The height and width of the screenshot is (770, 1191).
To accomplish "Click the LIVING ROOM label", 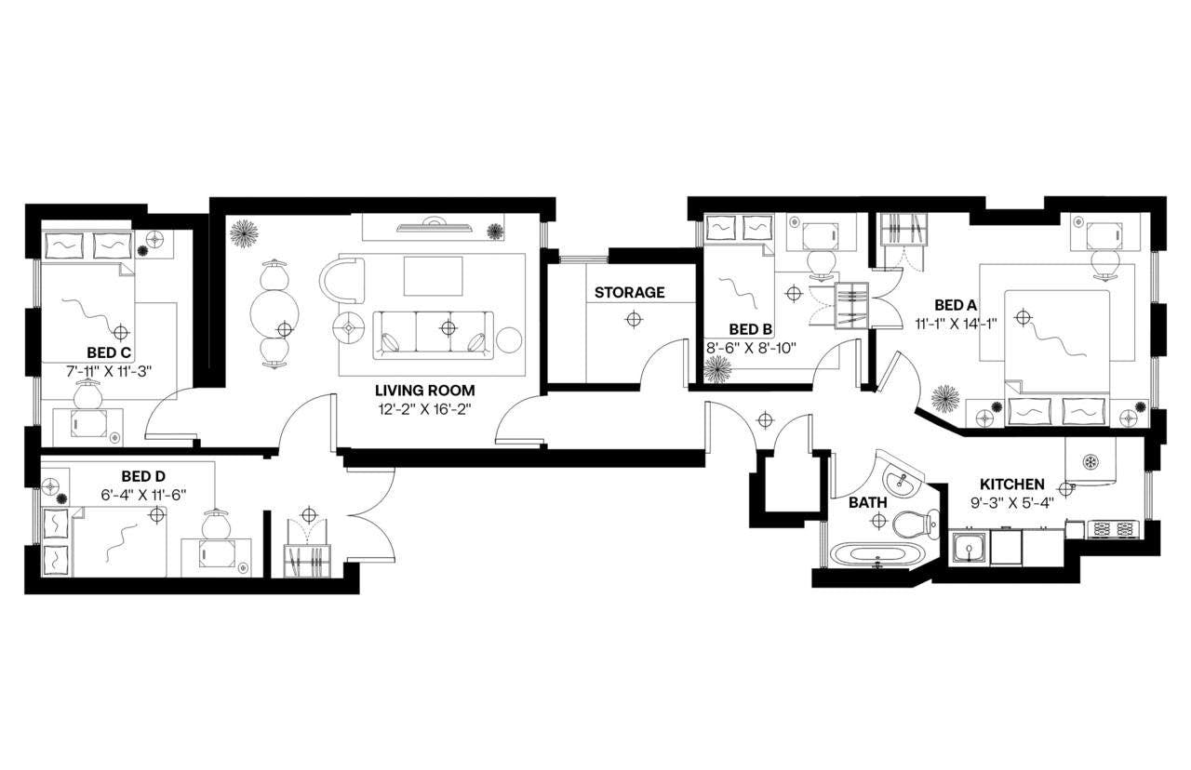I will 424,391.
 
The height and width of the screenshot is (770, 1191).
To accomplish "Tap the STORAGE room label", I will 629,292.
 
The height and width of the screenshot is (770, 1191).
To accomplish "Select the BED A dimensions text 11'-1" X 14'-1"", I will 956,325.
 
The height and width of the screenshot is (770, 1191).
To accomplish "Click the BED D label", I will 142,477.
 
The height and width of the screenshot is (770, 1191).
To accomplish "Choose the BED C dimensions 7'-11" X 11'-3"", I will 108,371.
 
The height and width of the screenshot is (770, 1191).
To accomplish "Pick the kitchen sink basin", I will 969,548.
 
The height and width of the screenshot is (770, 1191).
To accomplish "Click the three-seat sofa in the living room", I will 435,334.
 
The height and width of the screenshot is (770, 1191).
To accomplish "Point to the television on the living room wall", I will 435,224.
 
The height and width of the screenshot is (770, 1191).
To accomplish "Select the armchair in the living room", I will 343,278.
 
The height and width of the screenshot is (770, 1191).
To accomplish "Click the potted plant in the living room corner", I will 246,232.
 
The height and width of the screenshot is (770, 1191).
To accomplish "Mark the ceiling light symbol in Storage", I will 633,320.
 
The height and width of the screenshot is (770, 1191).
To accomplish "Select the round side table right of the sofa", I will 510,340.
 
